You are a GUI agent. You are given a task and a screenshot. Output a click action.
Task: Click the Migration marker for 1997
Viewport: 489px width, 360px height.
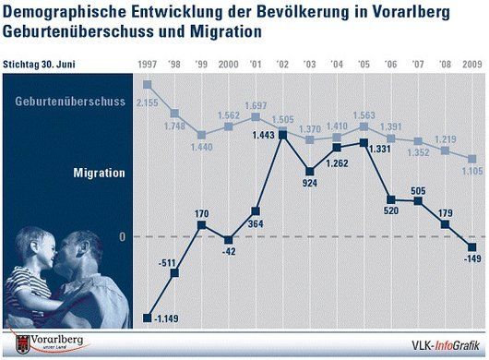pyautogui.click(x=148, y=318)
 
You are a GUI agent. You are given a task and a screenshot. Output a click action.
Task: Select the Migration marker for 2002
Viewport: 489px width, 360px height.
pyautogui.click(x=282, y=135)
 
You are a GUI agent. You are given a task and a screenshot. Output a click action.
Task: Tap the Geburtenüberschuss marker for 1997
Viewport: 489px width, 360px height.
pyautogui.click(x=148, y=85)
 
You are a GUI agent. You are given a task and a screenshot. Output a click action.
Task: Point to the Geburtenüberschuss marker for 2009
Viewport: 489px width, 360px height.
pyautogui.click(x=472, y=159)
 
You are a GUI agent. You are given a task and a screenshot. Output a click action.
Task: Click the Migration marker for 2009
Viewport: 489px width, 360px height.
pyautogui.click(x=472, y=247)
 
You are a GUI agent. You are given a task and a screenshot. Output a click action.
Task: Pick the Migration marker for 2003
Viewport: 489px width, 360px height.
pyautogui.click(x=310, y=172)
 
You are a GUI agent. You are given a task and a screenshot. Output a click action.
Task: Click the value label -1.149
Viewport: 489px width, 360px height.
pyautogui.click(x=166, y=318)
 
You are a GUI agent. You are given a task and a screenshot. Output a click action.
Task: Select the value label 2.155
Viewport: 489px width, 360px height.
pyautogui.click(x=148, y=102)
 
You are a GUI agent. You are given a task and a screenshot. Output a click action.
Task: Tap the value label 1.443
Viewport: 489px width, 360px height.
pyautogui.click(x=264, y=135)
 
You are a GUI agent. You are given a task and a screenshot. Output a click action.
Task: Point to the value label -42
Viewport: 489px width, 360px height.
pyautogui.click(x=229, y=251)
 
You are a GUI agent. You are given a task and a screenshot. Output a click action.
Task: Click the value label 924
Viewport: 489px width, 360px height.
pyautogui.click(x=310, y=183)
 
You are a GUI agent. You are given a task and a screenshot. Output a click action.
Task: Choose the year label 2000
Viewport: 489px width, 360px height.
pyautogui.click(x=228, y=65)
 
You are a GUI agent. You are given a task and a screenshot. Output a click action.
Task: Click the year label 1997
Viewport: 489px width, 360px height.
pyautogui.click(x=148, y=65)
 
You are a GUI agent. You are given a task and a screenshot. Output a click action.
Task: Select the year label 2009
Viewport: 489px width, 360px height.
pyautogui.click(x=472, y=65)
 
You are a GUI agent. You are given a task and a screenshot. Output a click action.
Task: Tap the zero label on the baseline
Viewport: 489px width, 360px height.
pyautogui.click(x=123, y=237)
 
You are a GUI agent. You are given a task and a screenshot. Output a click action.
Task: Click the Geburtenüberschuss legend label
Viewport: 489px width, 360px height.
pyautogui.click(x=70, y=102)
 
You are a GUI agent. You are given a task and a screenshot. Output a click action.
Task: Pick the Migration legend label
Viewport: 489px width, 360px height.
pyautogui.click(x=99, y=173)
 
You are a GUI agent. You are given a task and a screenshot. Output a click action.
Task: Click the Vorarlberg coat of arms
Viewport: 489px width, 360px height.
pyautogui.click(x=22, y=344)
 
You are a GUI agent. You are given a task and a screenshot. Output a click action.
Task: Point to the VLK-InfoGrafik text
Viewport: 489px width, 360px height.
pyautogui.click(x=446, y=345)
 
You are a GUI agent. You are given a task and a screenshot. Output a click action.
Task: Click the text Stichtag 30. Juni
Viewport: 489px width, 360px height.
pyautogui.click(x=39, y=65)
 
